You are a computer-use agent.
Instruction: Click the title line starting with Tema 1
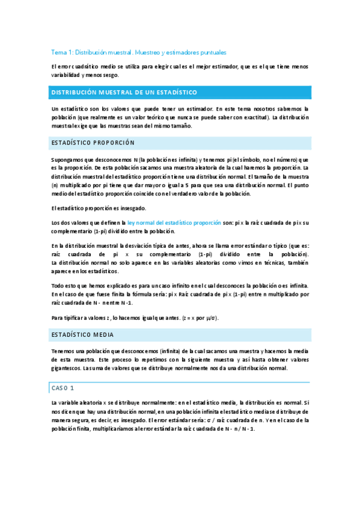pos(138,52)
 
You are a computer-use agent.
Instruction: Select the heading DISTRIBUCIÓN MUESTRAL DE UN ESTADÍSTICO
pos(123,92)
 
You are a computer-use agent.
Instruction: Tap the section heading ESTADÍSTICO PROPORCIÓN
pos(93,143)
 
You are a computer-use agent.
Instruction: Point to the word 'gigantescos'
pos(67,368)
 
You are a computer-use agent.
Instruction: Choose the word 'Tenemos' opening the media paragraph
pos(65,350)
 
